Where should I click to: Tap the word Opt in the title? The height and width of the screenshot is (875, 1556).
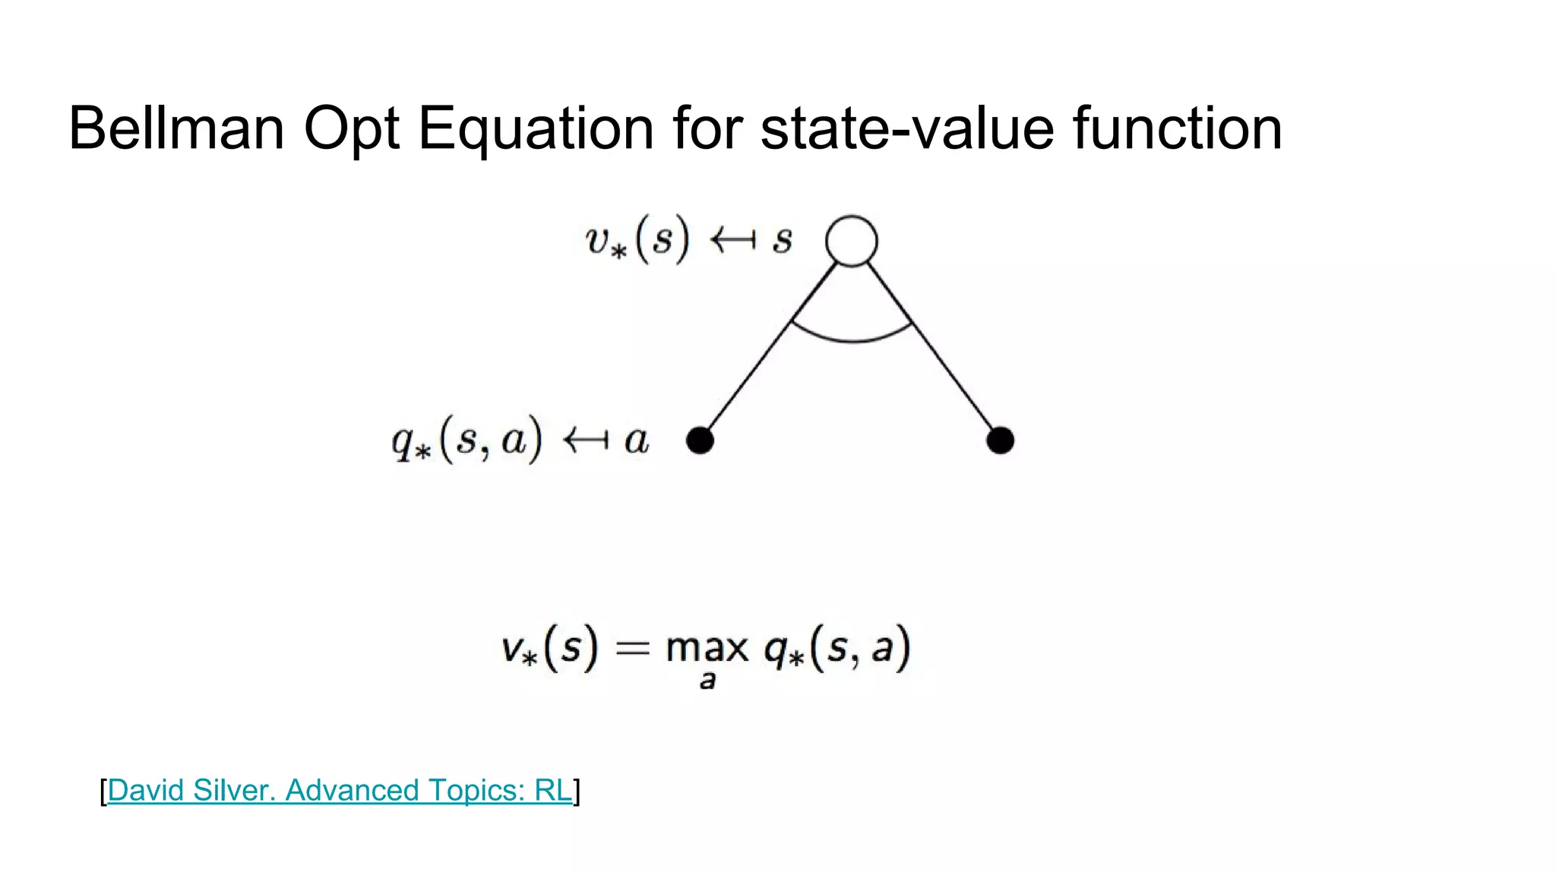pyautogui.click(x=351, y=129)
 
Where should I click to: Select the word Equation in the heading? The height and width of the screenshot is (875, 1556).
pyautogui.click(x=536, y=129)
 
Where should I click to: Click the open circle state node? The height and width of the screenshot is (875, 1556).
pyautogui.click(x=852, y=241)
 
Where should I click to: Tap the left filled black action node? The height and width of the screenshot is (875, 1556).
pyautogui.click(x=700, y=441)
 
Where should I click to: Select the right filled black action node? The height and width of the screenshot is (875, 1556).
pyautogui.click(x=1000, y=441)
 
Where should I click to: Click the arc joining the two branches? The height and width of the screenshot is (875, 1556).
pyautogui.click(x=852, y=339)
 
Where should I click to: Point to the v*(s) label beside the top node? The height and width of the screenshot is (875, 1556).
pyautogui.click(x=637, y=240)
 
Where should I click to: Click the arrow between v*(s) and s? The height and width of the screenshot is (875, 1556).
pyautogui.click(x=732, y=241)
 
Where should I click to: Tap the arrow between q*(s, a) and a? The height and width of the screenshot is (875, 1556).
pyautogui.click(x=585, y=440)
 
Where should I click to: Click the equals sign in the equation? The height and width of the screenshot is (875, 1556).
pyautogui.click(x=632, y=648)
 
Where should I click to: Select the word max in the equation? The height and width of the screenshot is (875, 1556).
pyautogui.click(x=707, y=648)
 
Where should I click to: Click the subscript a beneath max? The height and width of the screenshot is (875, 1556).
pyautogui.click(x=707, y=681)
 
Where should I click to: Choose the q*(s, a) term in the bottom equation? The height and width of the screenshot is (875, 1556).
pyautogui.click(x=837, y=649)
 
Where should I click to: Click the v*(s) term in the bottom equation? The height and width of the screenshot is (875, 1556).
pyautogui.click(x=549, y=649)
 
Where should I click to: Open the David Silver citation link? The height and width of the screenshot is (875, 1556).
pyautogui.click(x=340, y=791)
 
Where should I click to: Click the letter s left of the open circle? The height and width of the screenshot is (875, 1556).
pyautogui.click(x=783, y=241)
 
